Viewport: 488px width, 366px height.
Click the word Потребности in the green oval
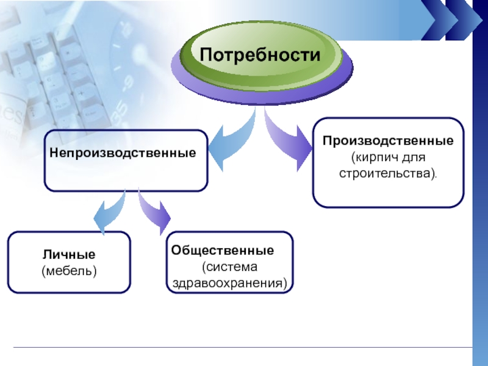tap(260, 56)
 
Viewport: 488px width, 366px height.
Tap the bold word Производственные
tap(389, 141)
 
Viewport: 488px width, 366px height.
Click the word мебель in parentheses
tap(69, 269)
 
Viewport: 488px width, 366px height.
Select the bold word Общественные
tap(223, 251)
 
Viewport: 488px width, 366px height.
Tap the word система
tap(232, 267)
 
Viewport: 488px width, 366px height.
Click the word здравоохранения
tap(229, 284)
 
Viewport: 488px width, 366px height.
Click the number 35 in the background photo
tap(120, 109)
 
